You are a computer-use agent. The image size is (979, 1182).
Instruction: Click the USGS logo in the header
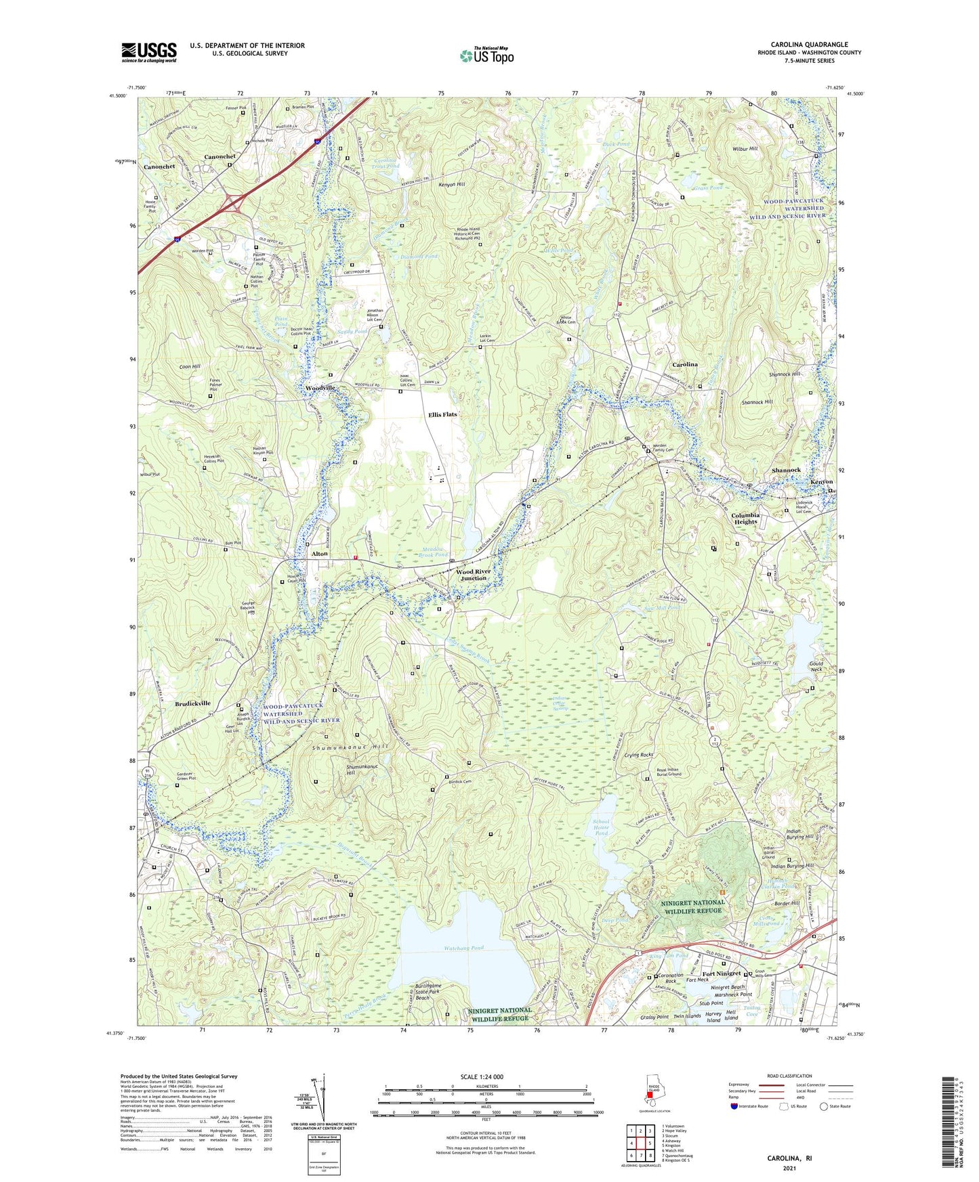click(149, 52)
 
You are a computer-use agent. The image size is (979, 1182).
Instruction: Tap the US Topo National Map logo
click(486, 55)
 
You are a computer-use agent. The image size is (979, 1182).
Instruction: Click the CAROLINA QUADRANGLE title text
click(809, 45)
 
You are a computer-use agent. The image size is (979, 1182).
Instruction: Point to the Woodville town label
click(320, 388)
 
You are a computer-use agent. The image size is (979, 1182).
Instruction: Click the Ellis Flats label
click(442, 414)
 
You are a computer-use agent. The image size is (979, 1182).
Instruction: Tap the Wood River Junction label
click(474, 575)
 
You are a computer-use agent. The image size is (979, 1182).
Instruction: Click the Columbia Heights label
click(745, 518)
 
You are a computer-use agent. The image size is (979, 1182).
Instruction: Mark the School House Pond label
click(601, 827)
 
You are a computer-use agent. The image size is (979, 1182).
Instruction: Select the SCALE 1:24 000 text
click(482, 1076)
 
